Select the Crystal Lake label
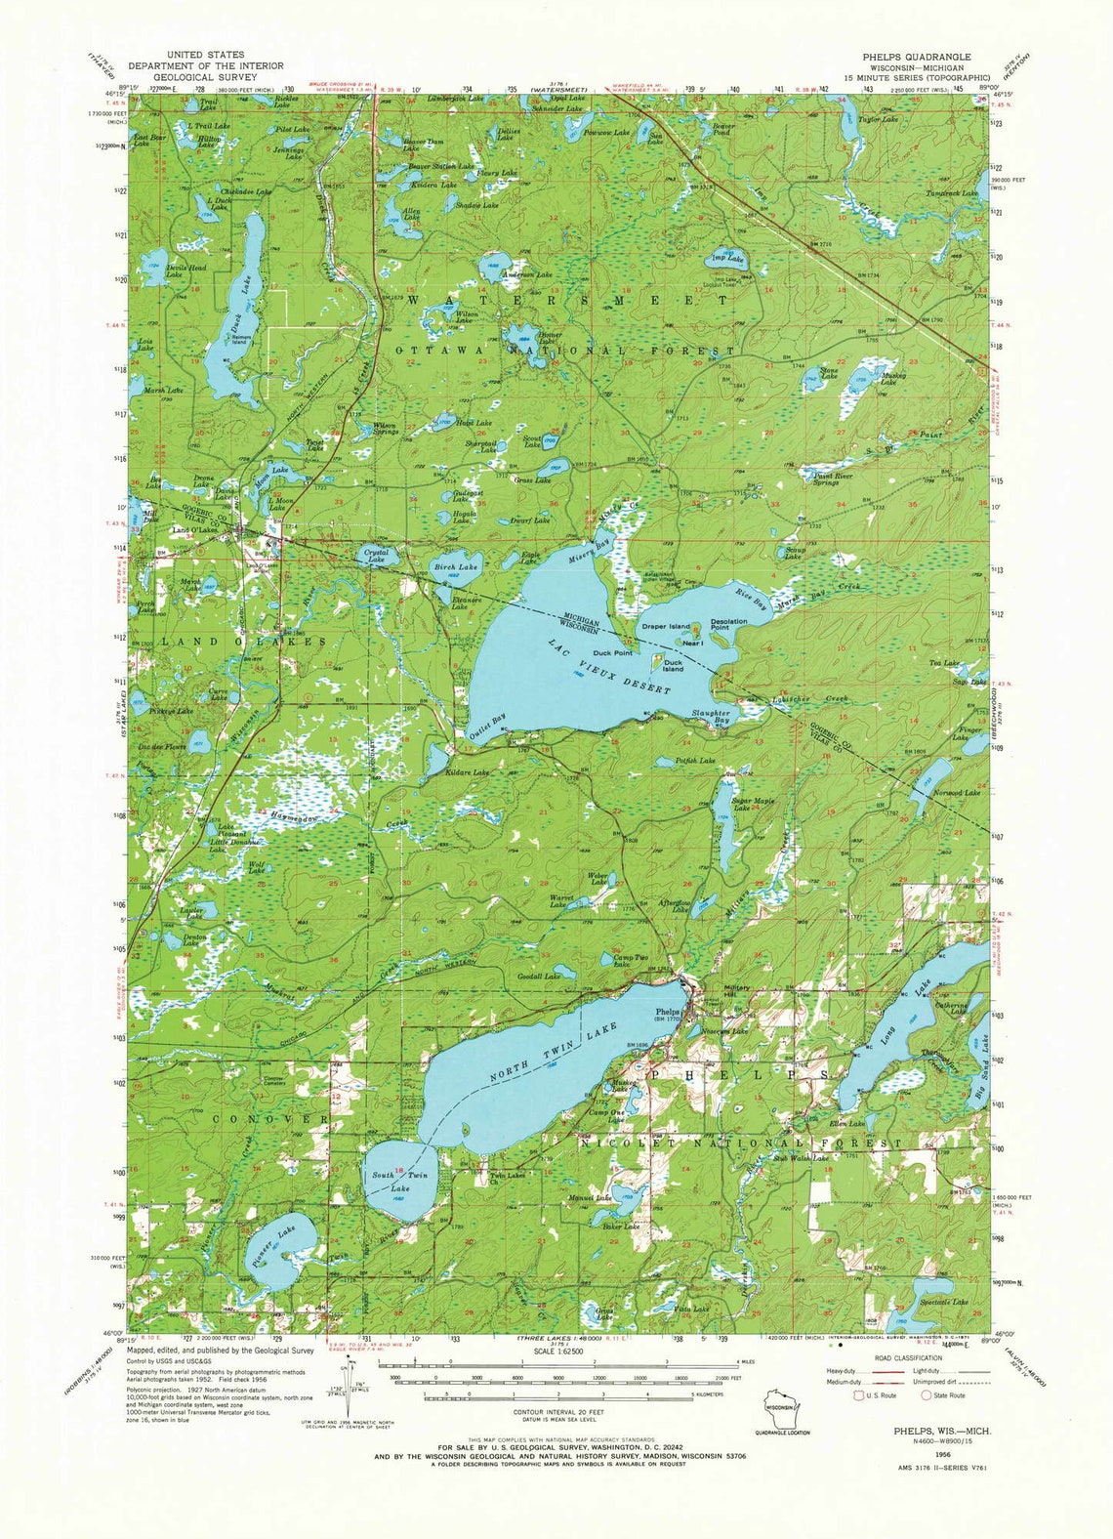click(x=376, y=557)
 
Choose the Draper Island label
click(x=665, y=626)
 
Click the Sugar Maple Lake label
click(x=753, y=805)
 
